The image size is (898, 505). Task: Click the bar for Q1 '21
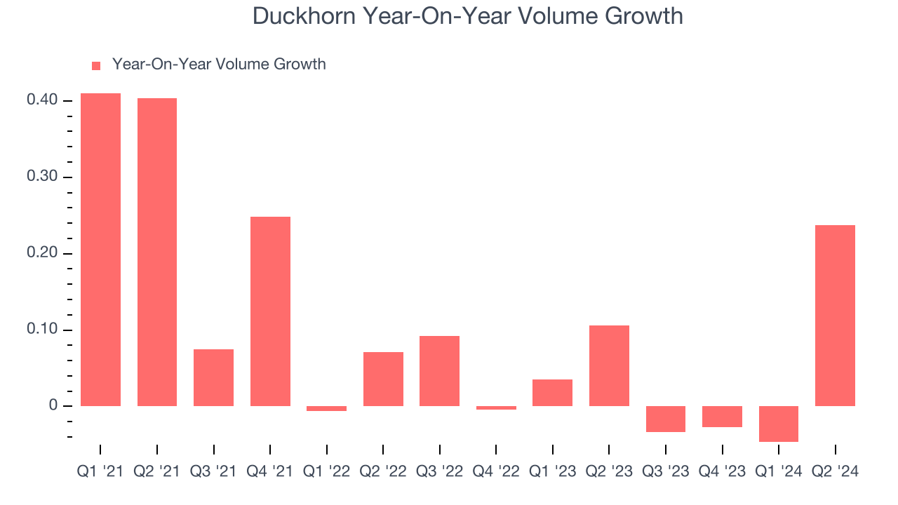(x=100, y=250)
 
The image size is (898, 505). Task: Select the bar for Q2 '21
(x=157, y=252)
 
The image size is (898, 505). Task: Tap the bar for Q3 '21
(x=214, y=377)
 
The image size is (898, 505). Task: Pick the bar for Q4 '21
(x=270, y=311)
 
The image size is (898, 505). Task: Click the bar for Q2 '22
(x=383, y=379)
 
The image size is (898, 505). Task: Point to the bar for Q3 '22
(x=440, y=371)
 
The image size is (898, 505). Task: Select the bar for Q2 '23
(x=609, y=365)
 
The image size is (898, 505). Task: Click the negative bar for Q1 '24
(x=779, y=424)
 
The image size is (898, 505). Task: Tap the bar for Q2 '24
(x=835, y=316)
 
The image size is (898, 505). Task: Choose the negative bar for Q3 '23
(x=666, y=419)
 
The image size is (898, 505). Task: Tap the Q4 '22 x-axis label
(x=496, y=471)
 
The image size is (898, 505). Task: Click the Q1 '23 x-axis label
(x=553, y=471)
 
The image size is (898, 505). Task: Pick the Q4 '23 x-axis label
(x=722, y=471)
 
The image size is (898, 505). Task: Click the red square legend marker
(x=96, y=65)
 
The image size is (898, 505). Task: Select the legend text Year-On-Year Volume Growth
(x=219, y=65)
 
